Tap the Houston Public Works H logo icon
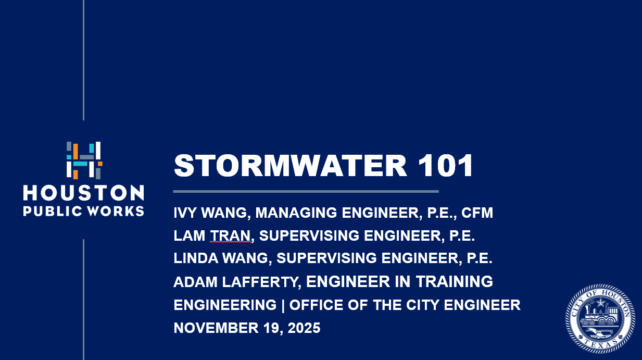point(84,160)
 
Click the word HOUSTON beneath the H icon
point(84,193)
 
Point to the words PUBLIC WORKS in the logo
point(84,212)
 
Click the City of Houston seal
point(600,319)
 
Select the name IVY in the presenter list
point(186,213)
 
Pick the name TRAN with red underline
point(231,236)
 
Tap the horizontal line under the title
point(306,191)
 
